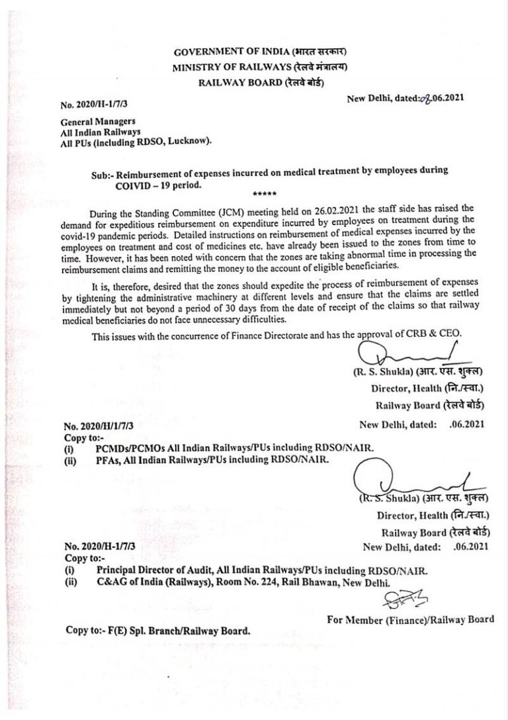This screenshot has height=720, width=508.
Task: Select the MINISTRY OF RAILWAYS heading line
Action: tap(259, 67)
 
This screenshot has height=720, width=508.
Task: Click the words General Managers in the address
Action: tap(89, 122)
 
